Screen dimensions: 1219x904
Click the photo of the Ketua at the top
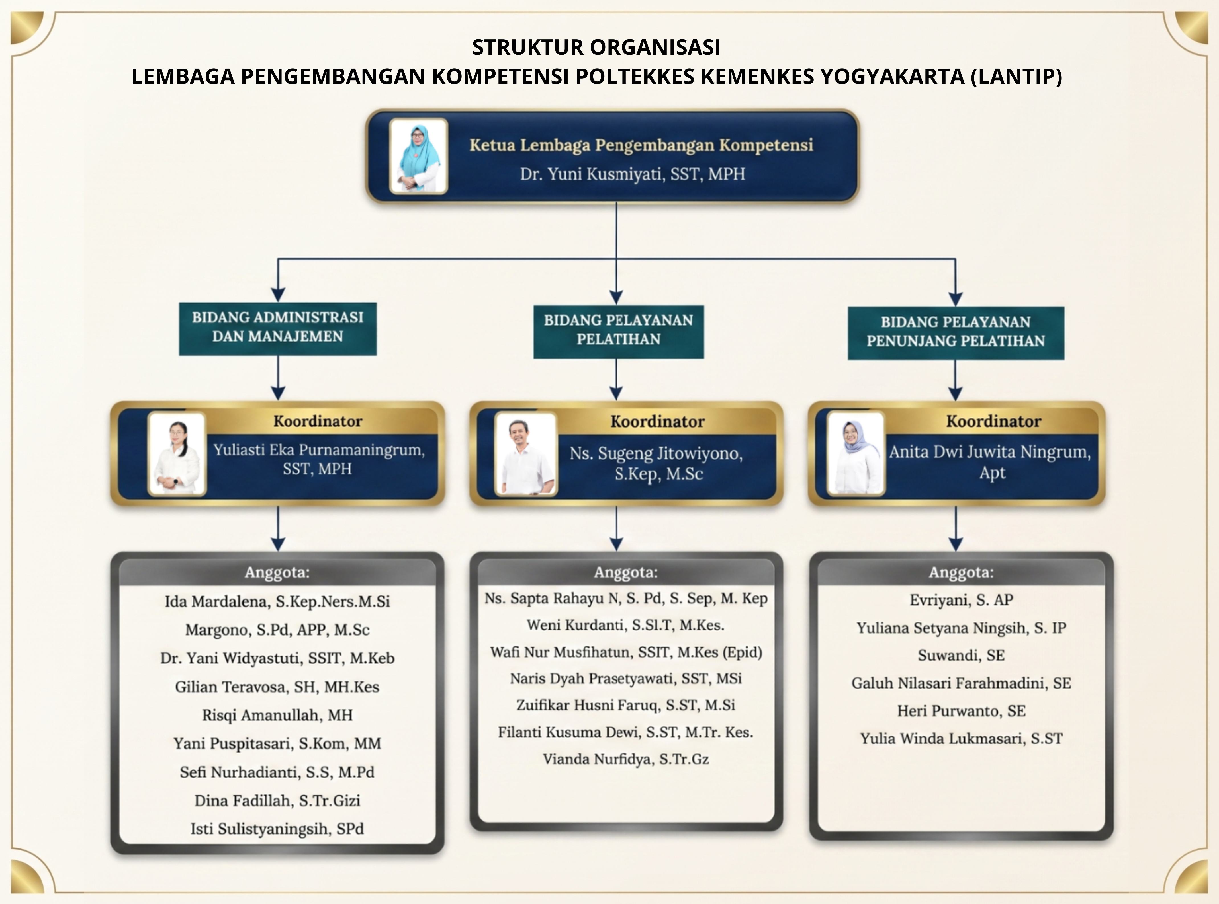[x=418, y=156]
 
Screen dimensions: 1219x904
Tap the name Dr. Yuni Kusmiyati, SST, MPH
[x=633, y=174]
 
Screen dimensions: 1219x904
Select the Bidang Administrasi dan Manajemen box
[x=278, y=329]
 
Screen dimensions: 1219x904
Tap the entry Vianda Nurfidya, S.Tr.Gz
[x=626, y=759]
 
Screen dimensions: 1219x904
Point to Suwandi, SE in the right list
[x=961, y=655]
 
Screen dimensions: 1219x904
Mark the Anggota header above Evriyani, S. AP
[x=961, y=572]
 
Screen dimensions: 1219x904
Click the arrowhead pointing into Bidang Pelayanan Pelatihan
[x=617, y=297]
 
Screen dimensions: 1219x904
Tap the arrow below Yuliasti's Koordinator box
[x=278, y=528]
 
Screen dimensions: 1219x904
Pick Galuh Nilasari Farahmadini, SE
[x=961, y=683]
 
